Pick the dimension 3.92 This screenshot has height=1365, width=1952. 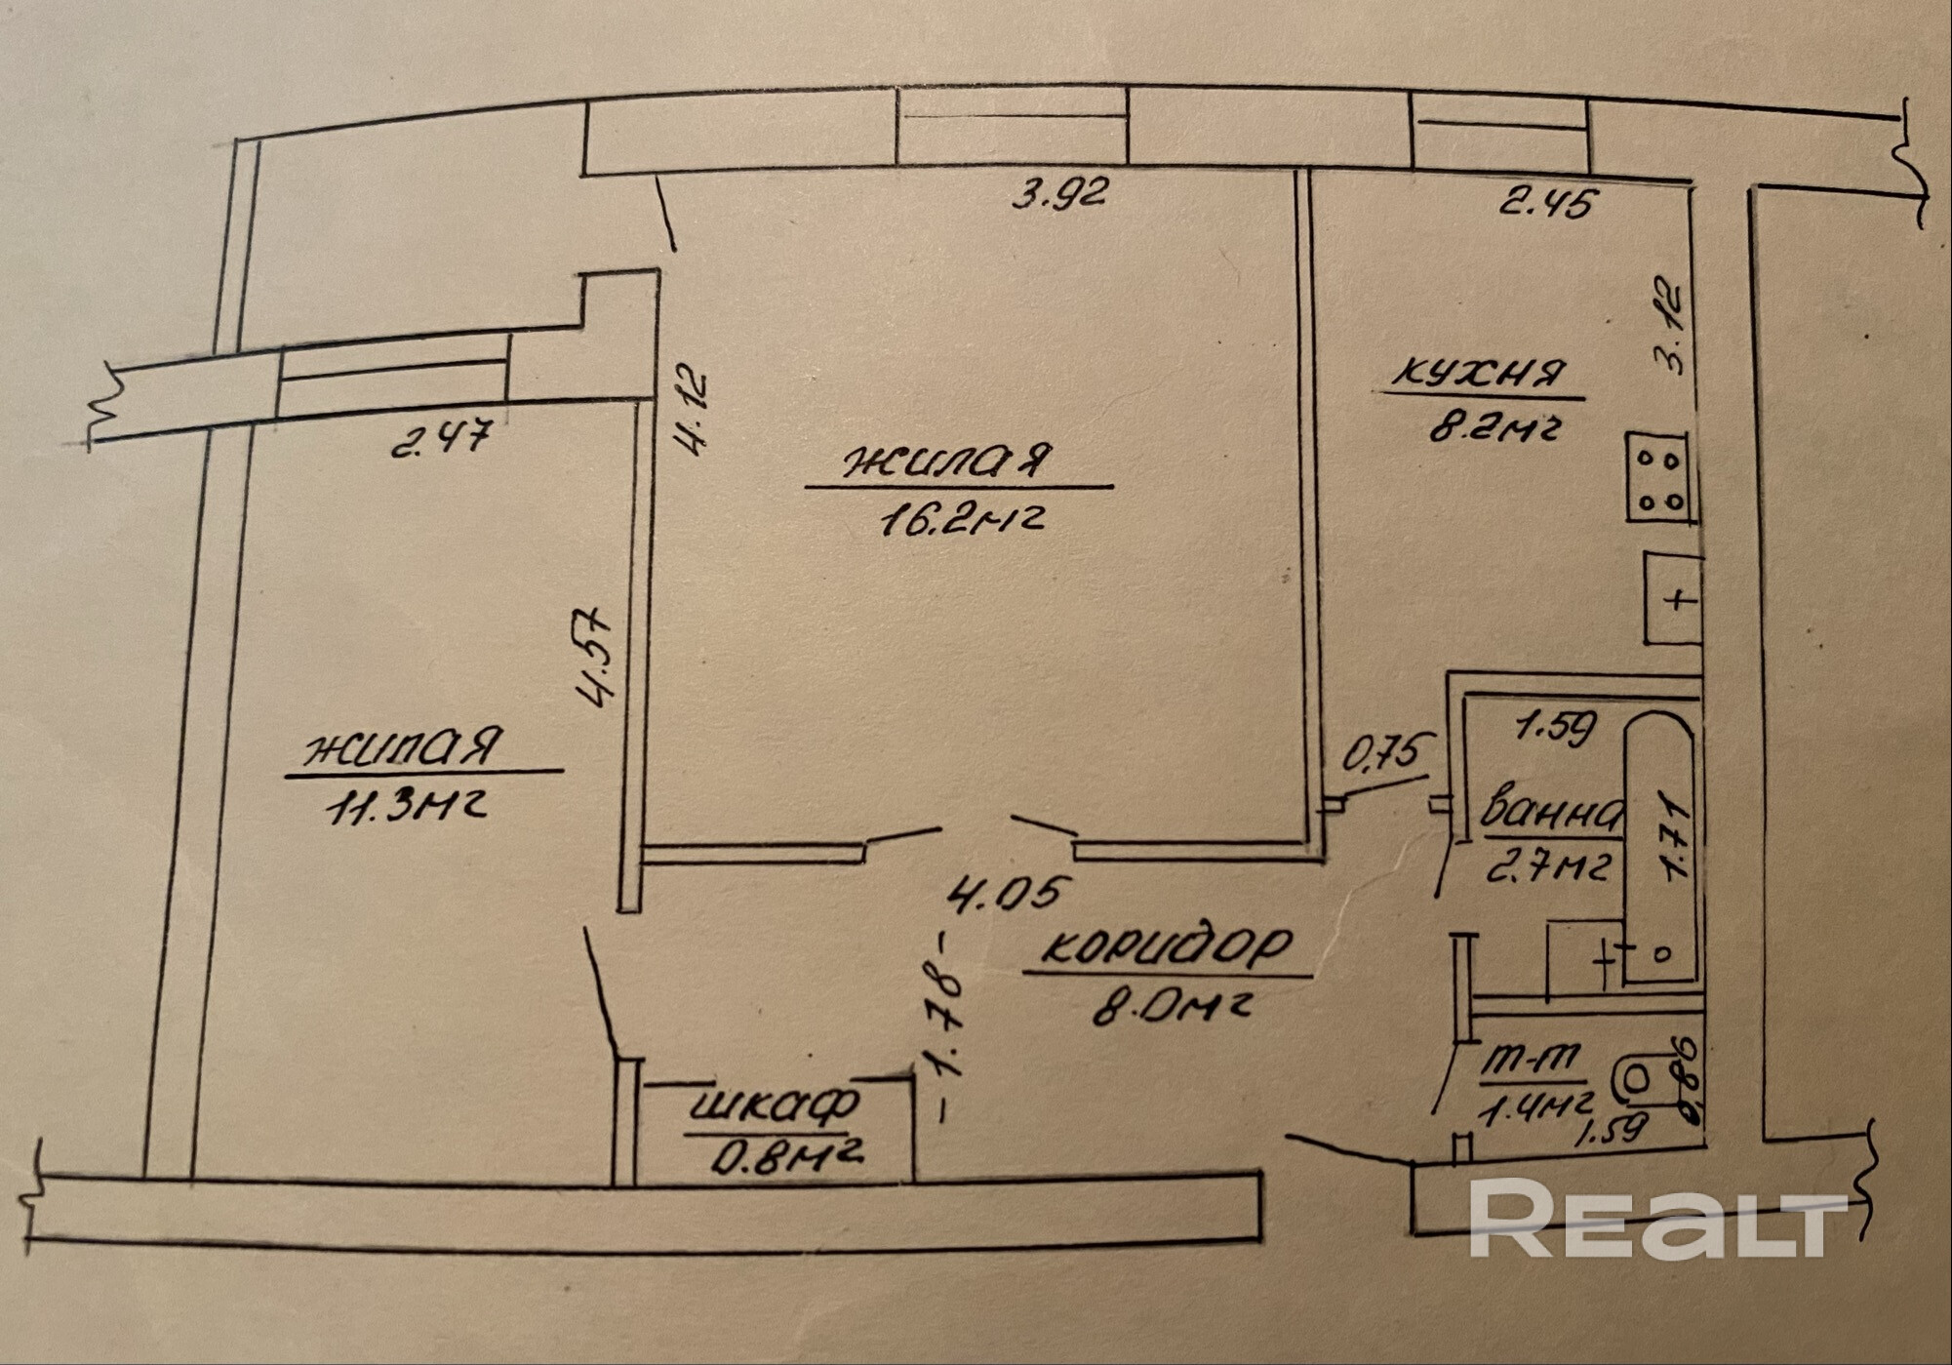[1059, 194]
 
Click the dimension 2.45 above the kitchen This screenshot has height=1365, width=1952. [1548, 202]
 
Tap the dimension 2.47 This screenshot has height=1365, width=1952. [439, 438]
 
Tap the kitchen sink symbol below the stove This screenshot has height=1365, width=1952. [1674, 598]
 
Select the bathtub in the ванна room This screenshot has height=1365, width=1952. [1658, 846]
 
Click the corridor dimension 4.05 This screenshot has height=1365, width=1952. [1013, 893]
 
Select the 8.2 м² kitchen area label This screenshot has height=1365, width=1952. [1491, 425]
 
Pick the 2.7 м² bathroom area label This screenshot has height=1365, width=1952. [1547, 865]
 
